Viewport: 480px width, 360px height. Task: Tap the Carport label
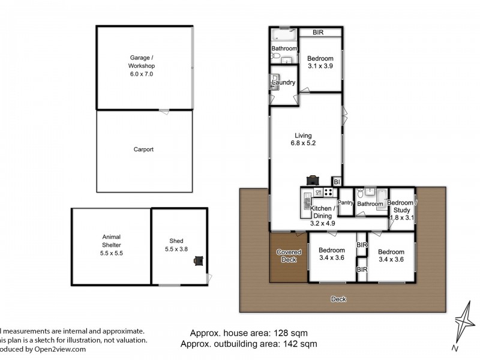coord(143,149)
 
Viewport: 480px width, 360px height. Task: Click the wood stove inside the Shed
coord(198,260)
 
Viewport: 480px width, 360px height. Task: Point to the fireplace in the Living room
coord(313,179)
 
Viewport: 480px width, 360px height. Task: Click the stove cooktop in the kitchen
coord(328,193)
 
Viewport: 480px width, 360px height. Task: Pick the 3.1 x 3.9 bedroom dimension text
coord(320,67)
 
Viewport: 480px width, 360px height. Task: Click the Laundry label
coord(283,82)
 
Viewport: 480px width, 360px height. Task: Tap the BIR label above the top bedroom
coord(318,32)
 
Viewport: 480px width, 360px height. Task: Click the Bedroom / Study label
coord(400,206)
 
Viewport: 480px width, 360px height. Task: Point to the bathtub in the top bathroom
coord(283,34)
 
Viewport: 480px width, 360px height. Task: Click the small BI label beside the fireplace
coord(337,181)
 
